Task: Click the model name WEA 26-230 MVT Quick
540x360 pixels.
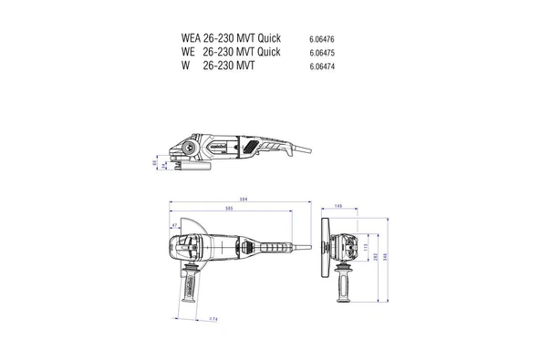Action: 231,38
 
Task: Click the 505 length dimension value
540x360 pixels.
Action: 228,209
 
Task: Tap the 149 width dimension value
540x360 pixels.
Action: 337,207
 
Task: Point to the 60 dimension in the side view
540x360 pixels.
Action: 154,163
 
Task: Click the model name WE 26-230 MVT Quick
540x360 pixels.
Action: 231,52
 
